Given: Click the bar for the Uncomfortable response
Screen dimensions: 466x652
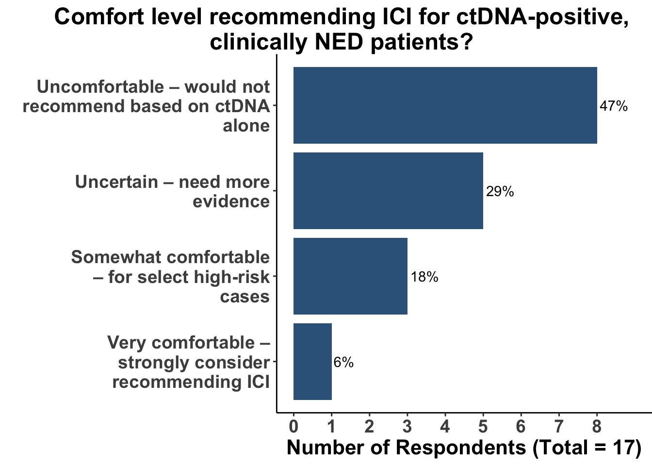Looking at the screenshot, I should pyautogui.click(x=445, y=105).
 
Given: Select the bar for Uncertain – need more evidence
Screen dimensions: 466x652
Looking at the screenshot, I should pyautogui.click(x=388, y=191).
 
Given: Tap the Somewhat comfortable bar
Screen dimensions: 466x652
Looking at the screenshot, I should pyautogui.click(x=350, y=276).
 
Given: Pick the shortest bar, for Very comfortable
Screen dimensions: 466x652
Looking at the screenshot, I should pyautogui.click(x=312, y=362).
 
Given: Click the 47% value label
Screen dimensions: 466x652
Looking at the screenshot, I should pyautogui.click(x=613, y=106).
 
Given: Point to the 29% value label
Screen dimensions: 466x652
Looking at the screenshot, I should pyautogui.click(x=500, y=192).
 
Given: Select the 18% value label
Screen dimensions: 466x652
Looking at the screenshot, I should pyautogui.click(x=424, y=277).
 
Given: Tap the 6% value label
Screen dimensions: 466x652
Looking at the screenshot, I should pyautogui.click(x=343, y=363).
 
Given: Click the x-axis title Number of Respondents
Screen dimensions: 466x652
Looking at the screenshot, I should pyautogui.click(x=464, y=448).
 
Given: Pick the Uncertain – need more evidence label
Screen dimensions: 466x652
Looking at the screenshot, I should pyautogui.click(x=173, y=191).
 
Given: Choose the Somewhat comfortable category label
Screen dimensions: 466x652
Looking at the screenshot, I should pyautogui.click(x=170, y=277).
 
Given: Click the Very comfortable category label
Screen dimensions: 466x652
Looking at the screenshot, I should pyautogui.click(x=189, y=362).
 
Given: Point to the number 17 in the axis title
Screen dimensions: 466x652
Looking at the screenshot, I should pyautogui.click(x=622, y=448).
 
